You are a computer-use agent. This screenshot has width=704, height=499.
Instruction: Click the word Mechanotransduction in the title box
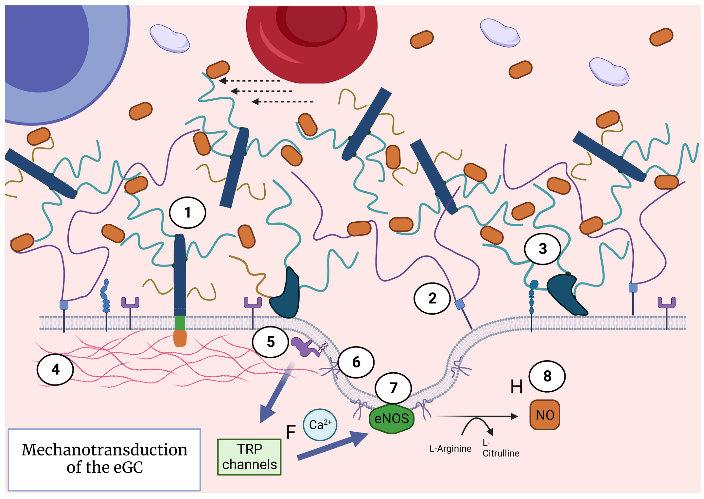point(104,450)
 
